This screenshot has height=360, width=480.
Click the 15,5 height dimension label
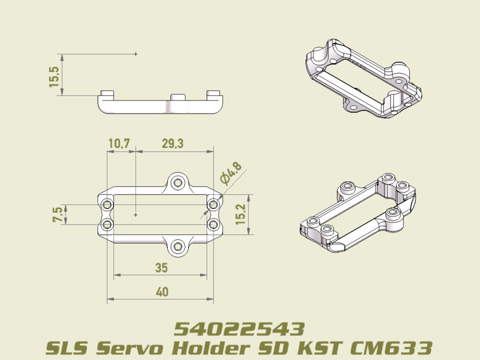(x=54, y=77)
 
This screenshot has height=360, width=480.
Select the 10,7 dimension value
(x=119, y=143)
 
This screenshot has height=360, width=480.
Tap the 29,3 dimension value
(x=172, y=143)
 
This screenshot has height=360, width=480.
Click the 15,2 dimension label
(x=241, y=214)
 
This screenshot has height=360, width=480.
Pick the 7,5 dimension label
(x=58, y=215)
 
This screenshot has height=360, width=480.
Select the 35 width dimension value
(x=161, y=268)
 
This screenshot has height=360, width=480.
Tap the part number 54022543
(x=239, y=329)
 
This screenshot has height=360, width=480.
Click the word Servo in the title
(x=130, y=347)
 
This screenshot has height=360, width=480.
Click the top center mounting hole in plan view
(x=176, y=183)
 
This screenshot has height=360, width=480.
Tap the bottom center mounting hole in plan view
(x=177, y=246)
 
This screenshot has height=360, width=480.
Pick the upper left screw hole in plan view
(x=106, y=204)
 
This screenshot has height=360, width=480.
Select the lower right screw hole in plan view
(x=213, y=224)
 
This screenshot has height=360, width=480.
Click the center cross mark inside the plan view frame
(x=135, y=214)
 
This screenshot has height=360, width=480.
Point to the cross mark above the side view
(x=135, y=53)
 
